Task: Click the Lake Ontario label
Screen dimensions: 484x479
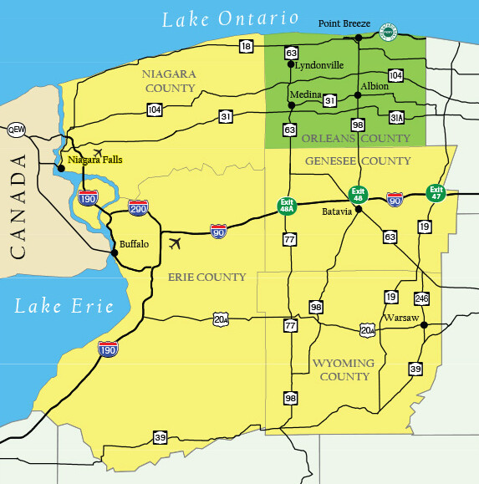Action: pyautogui.click(x=230, y=18)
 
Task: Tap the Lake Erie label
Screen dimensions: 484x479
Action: pyautogui.click(x=64, y=306)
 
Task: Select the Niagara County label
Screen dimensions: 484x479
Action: pyautogui.click(x=170, y=80)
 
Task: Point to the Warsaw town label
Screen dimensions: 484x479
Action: pyautogui.click(x=401, y=318)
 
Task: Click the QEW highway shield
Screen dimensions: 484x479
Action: pyautogui.click(x=16, y=130)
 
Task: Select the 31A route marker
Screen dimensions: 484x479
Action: pyautogui.click(x=397, y=117)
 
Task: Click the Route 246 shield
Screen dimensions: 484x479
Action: pyautogui.click(x=421, y=298)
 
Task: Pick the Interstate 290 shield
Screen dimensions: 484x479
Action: pyautogui.click(x=139, y=206)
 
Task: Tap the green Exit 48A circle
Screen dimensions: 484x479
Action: pyautogui.click(x=288, y=205)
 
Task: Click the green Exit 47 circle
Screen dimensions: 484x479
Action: pyautogui.click(x=436, y=193)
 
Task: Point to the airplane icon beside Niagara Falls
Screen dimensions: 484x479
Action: pyautogui.click(x=99, y=153)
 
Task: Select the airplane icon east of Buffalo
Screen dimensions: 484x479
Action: pyautogui.click(x=175, y=244)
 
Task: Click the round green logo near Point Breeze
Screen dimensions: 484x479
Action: pyautogui.click(x=388, y=32)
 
